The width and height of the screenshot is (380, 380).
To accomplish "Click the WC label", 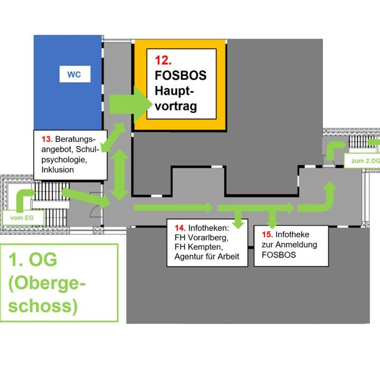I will pyautogui.click(x=74, y=74).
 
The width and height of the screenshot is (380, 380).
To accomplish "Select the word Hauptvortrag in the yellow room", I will pyautogui.click(x=176, y=99).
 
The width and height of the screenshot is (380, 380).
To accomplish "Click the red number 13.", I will pyautogui.click(x=46, y=139).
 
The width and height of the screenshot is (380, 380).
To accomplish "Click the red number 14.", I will pyautogui.click(x=179, y=228).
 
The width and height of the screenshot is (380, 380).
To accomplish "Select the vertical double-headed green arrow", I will pyautogui.click(x=120, y=174).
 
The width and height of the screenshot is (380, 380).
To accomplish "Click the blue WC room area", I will pyautogui.click(x=68, y=100).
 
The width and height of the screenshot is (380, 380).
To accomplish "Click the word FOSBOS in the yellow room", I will pyautogui.click(x=180, y=75).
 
